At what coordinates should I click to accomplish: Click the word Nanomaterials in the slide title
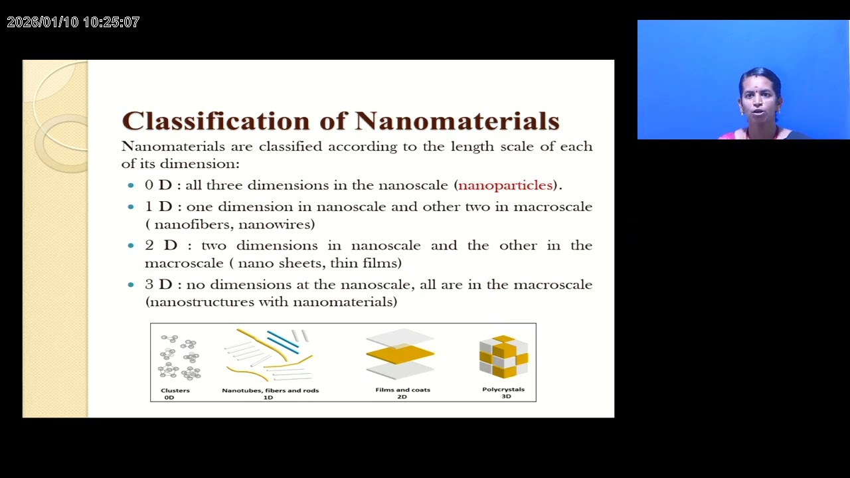point(457,121)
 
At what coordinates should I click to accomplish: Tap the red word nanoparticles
point(505,185)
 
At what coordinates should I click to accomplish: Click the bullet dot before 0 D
point(131,186)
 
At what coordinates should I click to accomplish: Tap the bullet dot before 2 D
point(131,246)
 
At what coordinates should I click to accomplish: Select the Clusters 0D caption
point(175,393)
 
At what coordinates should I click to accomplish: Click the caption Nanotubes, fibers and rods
point(270,390)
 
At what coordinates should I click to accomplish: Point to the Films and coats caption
point(402,390)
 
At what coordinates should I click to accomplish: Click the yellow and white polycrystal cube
point(503,357)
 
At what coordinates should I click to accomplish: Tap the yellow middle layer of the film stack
point(400,355)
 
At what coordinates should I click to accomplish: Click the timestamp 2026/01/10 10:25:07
point(73,22)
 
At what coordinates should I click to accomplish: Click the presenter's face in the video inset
point(761,102)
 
